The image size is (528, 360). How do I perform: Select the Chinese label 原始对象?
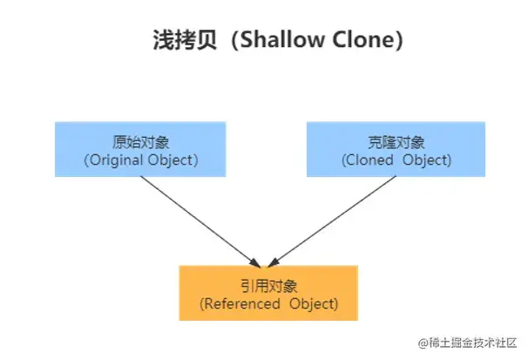tap(139, 143)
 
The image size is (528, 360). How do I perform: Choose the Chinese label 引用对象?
tap(267, 285)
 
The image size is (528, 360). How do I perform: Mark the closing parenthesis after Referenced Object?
tap(334, 303)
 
